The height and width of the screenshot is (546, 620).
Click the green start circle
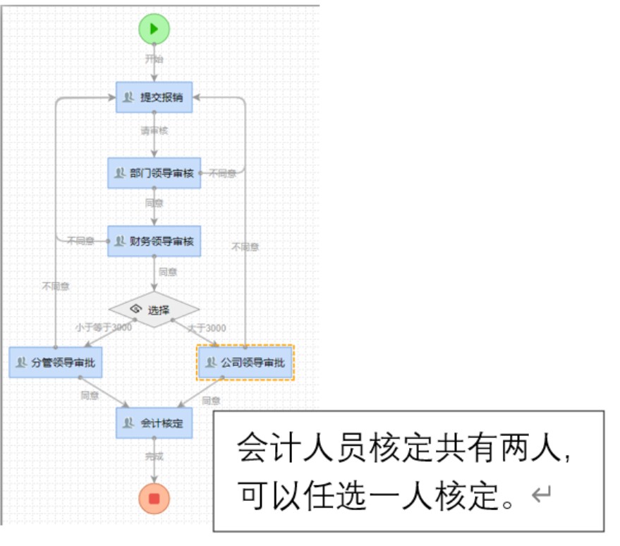point(154,29)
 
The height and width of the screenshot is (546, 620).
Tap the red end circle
point(154,499)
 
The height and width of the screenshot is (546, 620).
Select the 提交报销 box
point(154,97)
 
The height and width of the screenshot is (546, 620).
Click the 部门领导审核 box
point(154,173)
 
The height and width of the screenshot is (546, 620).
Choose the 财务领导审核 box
point(154,241)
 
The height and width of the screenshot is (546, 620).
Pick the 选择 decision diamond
point(154,309)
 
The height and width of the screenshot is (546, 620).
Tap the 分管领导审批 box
point(56,363)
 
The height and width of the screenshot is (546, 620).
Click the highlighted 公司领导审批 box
point(245,363)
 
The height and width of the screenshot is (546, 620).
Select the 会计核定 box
point(154,423)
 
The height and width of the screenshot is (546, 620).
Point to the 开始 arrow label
point(154,59)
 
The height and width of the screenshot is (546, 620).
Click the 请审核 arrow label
point(154,131)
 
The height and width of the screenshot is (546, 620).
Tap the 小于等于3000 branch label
point(104,327)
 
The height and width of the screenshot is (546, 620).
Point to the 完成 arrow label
point(154,456)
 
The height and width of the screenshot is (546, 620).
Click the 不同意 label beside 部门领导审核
point(223,174)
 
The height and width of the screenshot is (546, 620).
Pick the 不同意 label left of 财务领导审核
point(81,241)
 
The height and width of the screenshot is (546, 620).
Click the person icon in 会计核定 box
point(128,423)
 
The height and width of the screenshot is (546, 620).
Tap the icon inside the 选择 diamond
point(136,309)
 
